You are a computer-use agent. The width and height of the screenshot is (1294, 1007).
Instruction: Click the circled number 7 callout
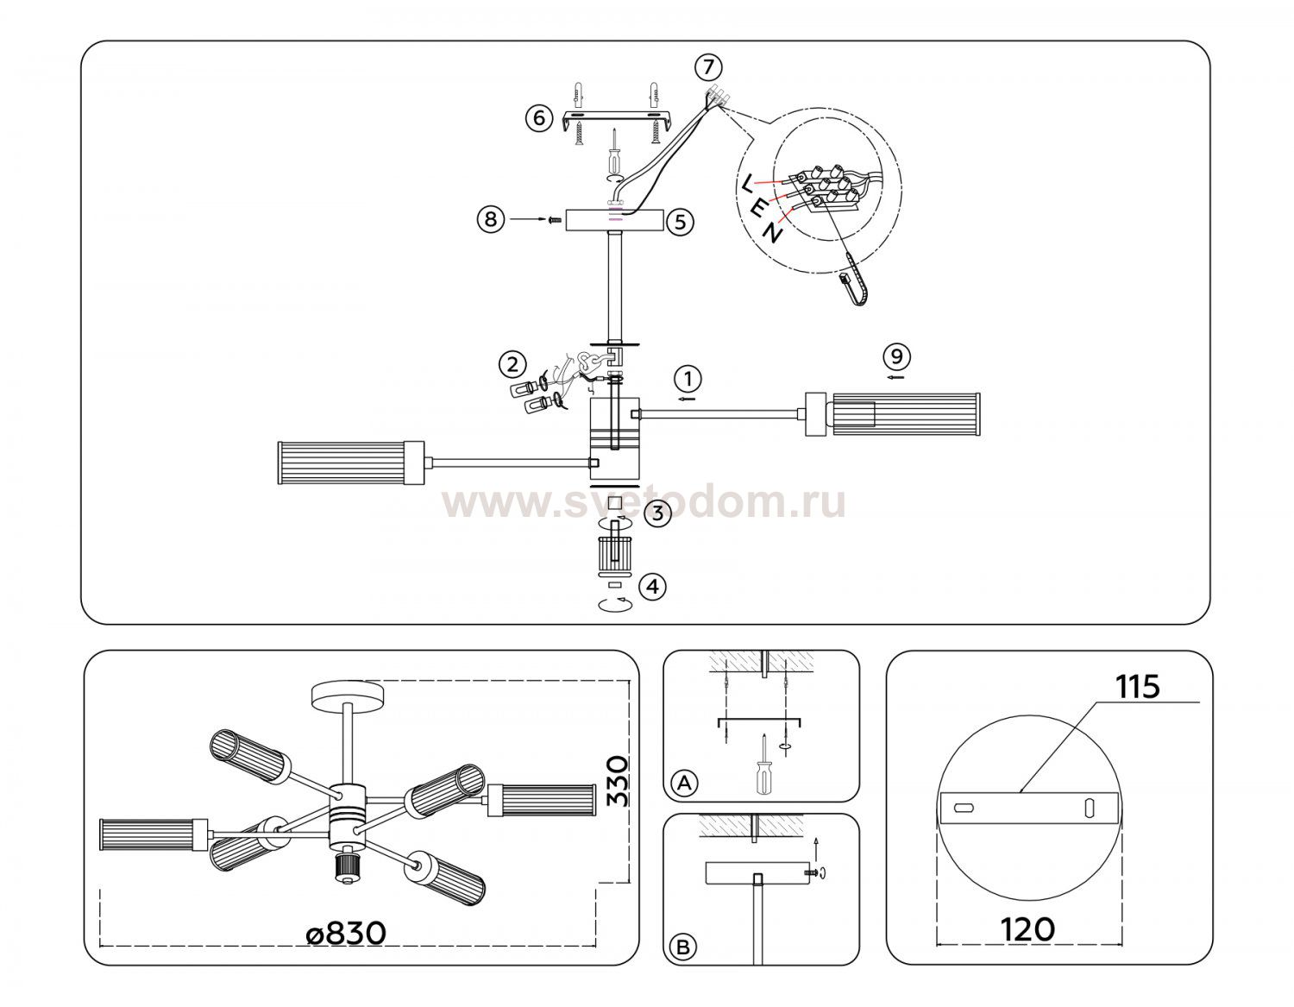click(x=708, y=67)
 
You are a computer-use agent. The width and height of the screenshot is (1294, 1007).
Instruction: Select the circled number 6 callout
click(x=539, y=118)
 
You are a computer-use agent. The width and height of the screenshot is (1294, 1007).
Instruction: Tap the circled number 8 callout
click(x=491, y=219)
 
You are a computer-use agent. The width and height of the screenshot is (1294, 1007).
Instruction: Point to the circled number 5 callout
click(x=680, y=222)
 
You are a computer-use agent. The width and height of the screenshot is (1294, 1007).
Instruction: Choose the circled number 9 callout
click(x=897, y=356)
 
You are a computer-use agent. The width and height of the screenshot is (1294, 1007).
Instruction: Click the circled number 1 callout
click(x=688, y=379)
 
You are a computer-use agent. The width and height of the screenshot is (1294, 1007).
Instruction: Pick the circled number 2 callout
click(x=512, y=364)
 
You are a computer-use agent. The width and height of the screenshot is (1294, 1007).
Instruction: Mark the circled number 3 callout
click(x=657, y=513)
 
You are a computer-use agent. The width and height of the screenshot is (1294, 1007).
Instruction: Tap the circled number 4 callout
click(x=653, y=587)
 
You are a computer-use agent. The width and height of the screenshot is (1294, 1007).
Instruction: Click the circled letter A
click(x=684, y=783)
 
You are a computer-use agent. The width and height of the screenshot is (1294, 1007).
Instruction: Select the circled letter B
click(x=683, y=947)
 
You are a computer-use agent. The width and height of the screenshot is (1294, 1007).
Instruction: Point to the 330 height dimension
click(x=618, y=781)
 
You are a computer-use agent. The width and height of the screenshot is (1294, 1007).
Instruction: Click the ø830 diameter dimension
click(x=346, y=933)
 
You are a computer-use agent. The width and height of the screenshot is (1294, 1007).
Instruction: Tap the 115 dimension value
click(x=1137, y=687)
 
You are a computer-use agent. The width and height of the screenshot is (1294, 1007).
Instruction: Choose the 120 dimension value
click(x=1027, y=929)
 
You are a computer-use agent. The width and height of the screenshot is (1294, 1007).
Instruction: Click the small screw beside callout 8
click(x=555, y=220)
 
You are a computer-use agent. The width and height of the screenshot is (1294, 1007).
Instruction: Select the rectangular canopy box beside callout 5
click(x=614, y=220)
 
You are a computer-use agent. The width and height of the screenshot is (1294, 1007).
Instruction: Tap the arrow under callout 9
click(x=895, y=377)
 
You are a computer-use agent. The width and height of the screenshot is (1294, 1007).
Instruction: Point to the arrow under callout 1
click(x=687, y=399)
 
